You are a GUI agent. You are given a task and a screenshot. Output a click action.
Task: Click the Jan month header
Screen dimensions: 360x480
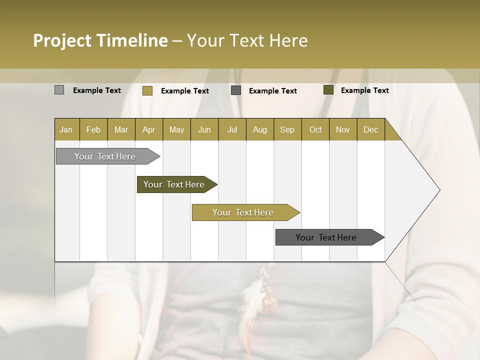66,129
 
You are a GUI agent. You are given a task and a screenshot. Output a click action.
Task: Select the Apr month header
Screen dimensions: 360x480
149,129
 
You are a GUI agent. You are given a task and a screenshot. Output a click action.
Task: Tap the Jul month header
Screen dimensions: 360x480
232,129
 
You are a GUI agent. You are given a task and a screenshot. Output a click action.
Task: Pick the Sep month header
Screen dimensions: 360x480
287,129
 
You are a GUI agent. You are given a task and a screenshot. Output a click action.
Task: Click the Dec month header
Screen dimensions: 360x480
370,129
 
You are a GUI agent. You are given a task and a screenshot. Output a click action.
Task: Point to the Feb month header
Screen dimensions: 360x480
93,129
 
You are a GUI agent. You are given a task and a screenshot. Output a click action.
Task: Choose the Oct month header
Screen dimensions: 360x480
315,129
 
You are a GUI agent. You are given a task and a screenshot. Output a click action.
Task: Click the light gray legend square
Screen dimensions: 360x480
59,90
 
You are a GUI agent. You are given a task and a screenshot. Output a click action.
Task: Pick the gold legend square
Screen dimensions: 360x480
147,90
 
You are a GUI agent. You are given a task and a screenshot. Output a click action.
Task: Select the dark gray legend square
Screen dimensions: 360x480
236,90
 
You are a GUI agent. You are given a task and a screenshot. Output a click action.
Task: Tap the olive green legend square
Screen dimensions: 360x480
328,90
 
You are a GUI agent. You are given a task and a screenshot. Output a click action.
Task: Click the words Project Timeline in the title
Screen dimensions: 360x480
100,40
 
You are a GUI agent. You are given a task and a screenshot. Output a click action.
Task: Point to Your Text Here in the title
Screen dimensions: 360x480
247,40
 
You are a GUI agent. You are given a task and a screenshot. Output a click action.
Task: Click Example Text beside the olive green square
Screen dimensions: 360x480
364,90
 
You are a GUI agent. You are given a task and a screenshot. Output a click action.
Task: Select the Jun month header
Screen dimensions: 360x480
204,129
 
